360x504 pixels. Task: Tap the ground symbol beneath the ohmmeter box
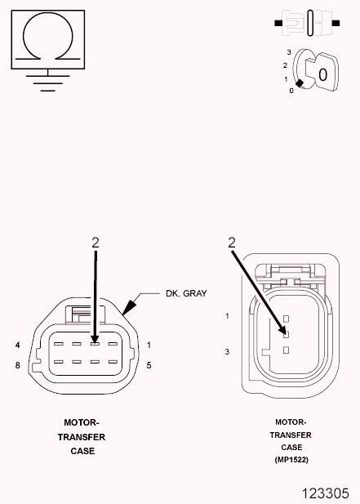coord(47,83)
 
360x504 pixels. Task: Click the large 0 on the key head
coord(324,75)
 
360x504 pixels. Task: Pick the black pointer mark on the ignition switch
coord(300,83)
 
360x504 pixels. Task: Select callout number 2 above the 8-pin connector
coord(96,243)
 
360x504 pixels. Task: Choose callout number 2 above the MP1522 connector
coord(232,243)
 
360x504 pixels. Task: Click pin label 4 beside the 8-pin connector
coord(17,345)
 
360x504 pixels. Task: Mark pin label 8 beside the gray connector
coord(17,364)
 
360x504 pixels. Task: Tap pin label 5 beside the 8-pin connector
coord(149,364)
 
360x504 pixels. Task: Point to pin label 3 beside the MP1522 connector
coord(228,351)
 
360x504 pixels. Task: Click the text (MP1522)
coord(291,459)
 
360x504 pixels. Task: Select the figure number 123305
coord(331,493)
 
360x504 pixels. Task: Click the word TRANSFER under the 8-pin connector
coord(81,437)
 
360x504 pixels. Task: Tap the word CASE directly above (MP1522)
coord(291,447)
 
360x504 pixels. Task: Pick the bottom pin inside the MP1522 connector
coord(286,350)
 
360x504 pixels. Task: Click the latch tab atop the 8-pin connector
coord(82,310)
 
